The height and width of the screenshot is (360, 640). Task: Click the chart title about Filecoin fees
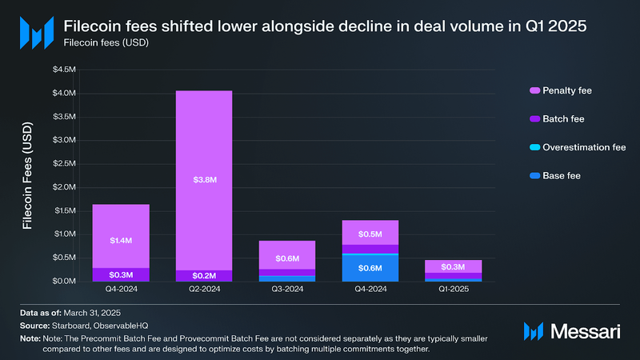point(325,26)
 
